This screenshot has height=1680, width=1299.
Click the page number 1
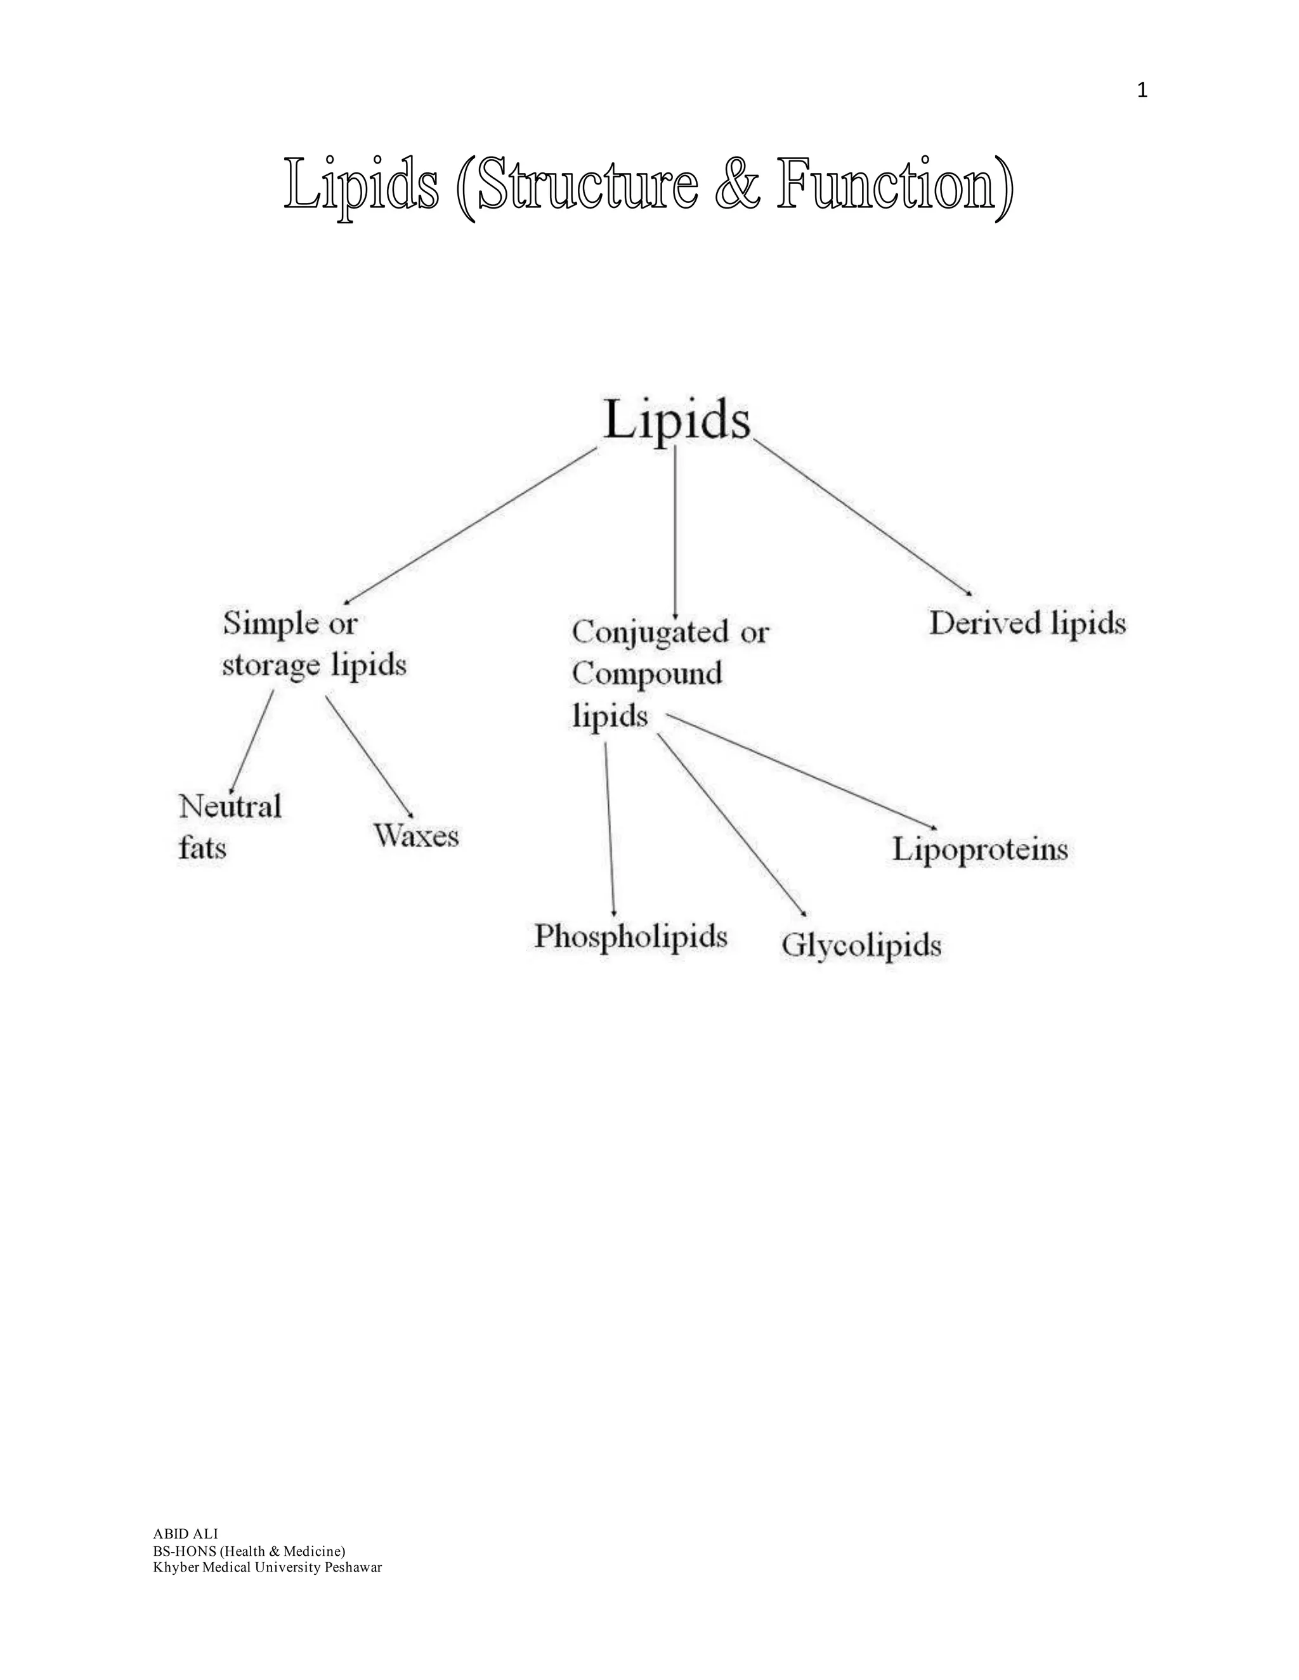click(x=1142, y=91)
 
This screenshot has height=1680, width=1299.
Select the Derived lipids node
click(x=1028, y=623)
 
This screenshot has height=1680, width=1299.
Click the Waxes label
click(x=416, y=836)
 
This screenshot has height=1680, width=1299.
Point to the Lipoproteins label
click(x=979, y=850)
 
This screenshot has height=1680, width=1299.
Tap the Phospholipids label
click(x=630, y=936)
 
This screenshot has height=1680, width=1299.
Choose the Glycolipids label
click(x=861, y=945)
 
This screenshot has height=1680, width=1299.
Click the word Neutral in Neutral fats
click(x=230, y=806)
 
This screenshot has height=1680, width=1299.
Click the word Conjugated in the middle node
click(x=650, y=632)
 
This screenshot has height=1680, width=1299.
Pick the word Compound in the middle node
click(x=646, y=673)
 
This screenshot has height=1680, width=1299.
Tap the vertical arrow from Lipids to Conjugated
click(x=675, y=531)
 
